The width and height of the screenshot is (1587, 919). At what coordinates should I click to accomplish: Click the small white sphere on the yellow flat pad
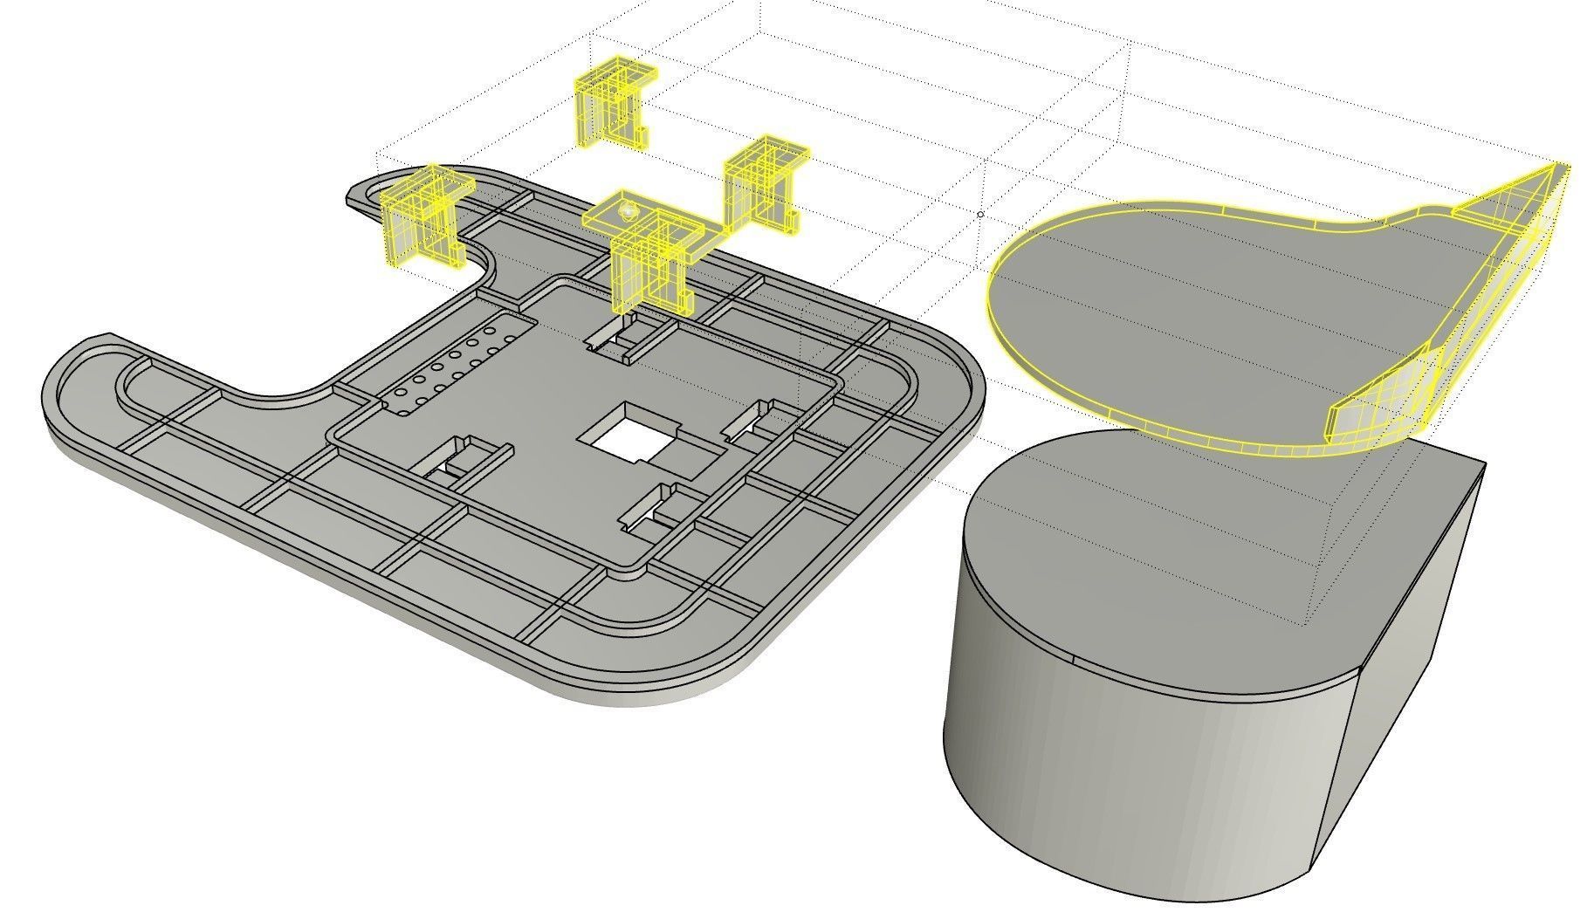click(626, 210)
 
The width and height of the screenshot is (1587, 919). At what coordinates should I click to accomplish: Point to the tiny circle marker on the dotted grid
click(980, 214)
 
